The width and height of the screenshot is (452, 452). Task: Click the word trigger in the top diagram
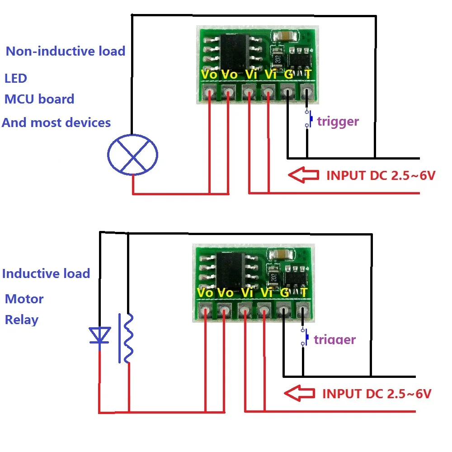tap(338, 121)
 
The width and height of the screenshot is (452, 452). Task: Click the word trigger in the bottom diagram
tap(334, 339)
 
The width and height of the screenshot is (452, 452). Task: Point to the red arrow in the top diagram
tap(304, 175)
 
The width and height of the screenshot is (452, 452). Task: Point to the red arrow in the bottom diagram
tap(299, 393)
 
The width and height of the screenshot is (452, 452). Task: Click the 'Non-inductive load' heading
tap(66, 51)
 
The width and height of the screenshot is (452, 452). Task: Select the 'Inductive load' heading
tap(46, 273)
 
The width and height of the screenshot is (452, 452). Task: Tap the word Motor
tap(24, 299)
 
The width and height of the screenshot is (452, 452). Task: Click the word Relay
tap(22, 320)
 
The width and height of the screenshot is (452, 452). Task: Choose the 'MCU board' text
tap(39, 99)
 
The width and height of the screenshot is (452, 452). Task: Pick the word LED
tap(16, 78)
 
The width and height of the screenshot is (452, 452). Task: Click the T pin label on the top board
tap(308, 74)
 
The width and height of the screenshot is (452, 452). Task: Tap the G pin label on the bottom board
tap(285, 292)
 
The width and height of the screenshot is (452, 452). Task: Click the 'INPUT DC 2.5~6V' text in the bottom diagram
tap(377, 393)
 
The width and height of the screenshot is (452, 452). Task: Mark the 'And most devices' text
tap(56, 122)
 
